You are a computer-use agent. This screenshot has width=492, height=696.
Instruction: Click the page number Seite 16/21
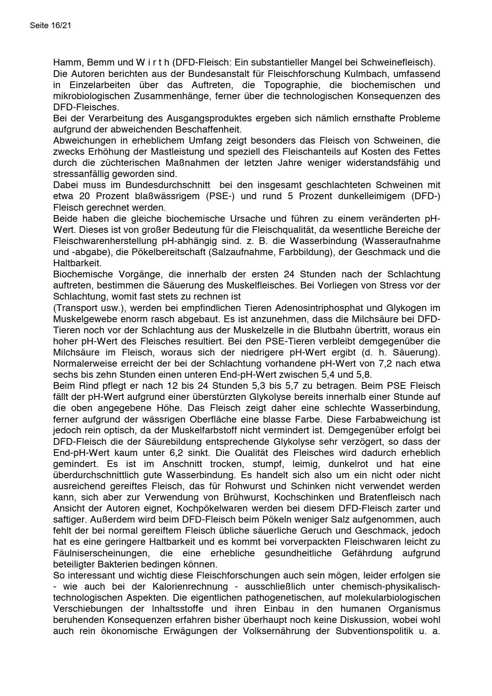click(50, 25)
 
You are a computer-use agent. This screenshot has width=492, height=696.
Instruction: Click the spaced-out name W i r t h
click(153, 62)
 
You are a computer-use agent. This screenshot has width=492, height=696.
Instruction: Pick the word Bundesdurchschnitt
click(168, 185)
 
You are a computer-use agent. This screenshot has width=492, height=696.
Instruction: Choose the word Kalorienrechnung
click(190, 586)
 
